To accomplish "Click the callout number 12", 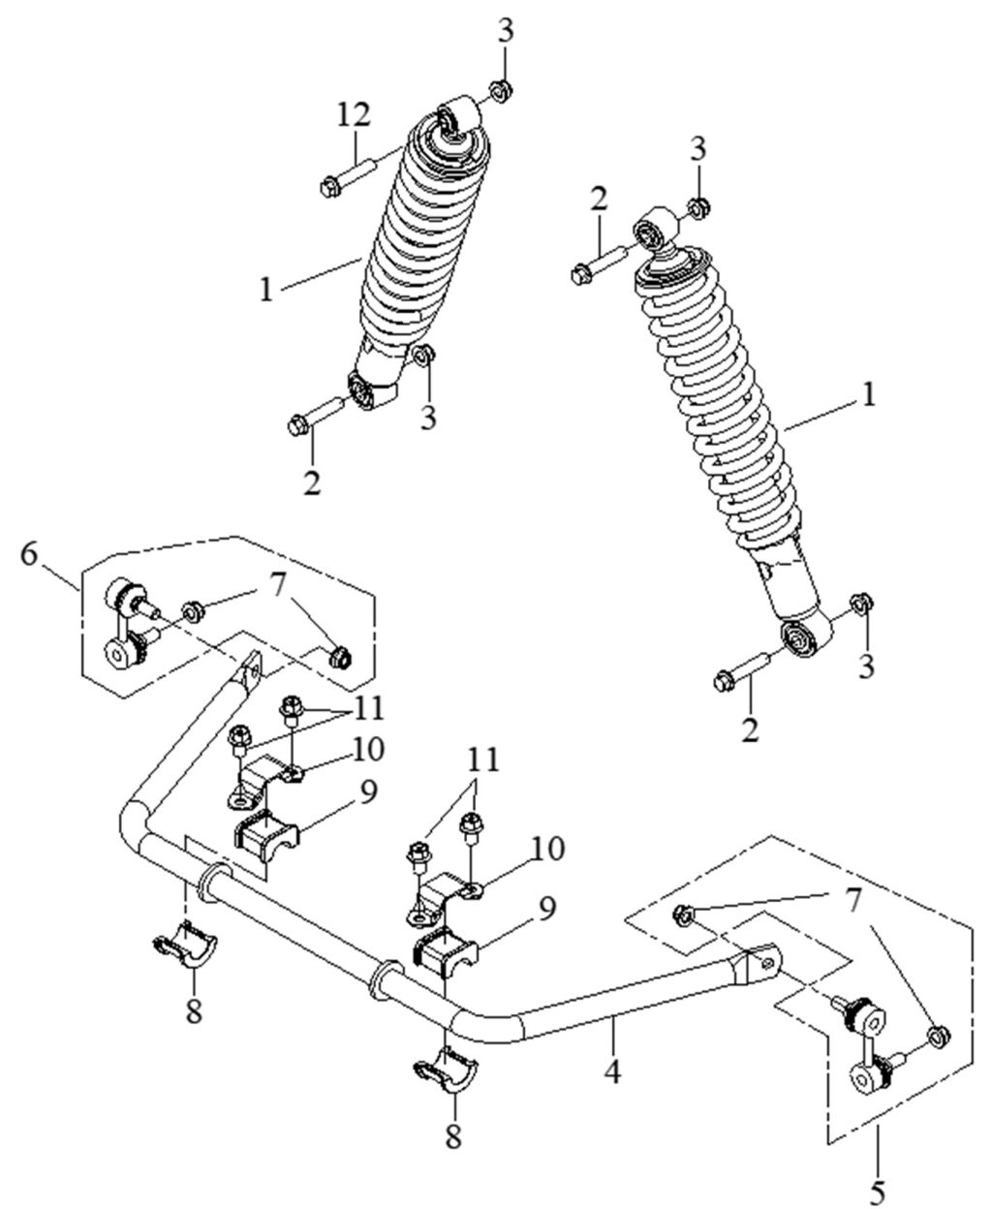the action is (x=354, y=116).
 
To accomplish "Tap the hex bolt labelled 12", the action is (x=348, y=177).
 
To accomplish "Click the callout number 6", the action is (x=29, y=554).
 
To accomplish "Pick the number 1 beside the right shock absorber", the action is (x=869, y=395).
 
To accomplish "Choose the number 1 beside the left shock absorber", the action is (x=265, y=290).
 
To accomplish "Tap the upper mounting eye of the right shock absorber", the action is (x=655, y=229).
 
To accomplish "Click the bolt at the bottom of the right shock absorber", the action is (x=743, y=669).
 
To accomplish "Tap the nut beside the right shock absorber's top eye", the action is (x=697, y=207).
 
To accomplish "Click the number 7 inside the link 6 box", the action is (x=278, y=588).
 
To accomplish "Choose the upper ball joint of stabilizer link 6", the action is (x=122, y=595).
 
